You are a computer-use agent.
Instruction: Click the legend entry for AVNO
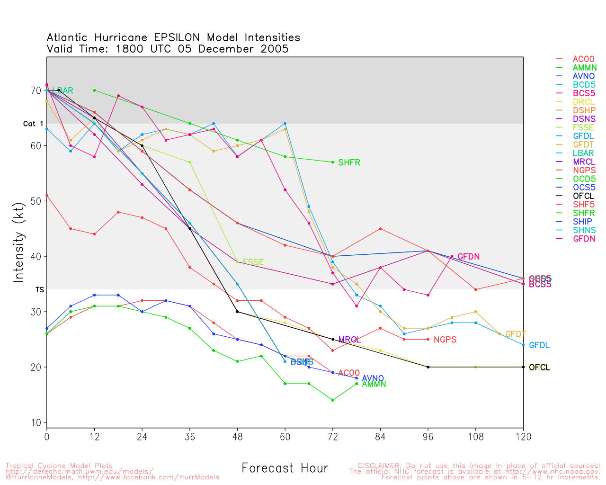tap(583, 76)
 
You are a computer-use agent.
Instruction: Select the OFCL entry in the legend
tap(583, 196)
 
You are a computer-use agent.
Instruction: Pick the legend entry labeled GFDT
tap(583, 144)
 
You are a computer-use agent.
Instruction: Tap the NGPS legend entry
tap(583, 171)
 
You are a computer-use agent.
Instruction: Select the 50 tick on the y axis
tap(36, 201)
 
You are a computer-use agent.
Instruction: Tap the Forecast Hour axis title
tap(285, 468)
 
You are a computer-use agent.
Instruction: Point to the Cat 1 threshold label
tap(33, 124)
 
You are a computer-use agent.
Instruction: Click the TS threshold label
tap(39, 289)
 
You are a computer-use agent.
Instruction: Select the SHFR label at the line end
tap(349, 163)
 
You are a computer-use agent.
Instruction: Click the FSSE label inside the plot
tap(253, 262)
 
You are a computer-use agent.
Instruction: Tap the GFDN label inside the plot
tap(468, 257)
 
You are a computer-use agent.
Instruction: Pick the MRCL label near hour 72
tap(349, 340)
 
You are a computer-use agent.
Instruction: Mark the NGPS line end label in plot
tap(445, 340)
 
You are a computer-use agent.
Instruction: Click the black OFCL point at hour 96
tap(428, 367)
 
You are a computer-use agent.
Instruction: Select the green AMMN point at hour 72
tap(333, 400)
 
